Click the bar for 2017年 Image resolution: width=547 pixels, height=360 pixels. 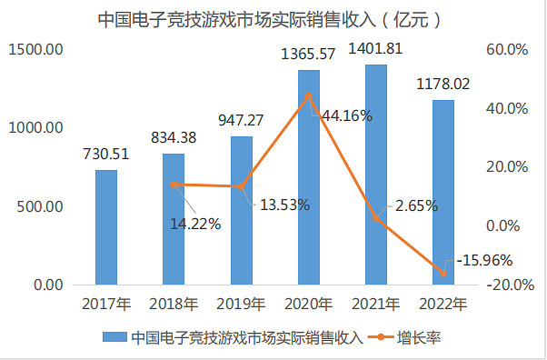[106, 227]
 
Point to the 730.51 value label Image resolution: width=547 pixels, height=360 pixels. [106, 155]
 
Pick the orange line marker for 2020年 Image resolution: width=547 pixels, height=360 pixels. [309, 95]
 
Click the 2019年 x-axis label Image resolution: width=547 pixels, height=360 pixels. [241, 304]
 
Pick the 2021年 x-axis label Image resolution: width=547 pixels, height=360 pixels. [376, 304]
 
